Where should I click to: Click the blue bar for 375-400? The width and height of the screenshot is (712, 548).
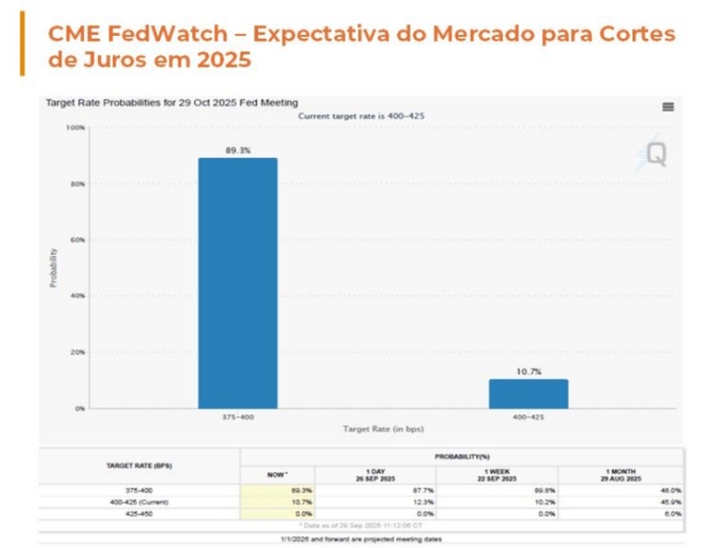tap(238, 282)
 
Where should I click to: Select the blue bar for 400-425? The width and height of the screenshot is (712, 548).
tap(528, 393)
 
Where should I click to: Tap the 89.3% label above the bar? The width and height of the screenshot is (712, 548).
tap(238, 150)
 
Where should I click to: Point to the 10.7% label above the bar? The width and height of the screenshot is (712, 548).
tap(528, 371)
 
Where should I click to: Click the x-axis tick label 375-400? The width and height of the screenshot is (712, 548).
tap(238, 417)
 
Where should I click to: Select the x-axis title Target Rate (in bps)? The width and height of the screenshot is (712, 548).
tap(382, 430)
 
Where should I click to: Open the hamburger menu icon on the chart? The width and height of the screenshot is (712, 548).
tap(668, 107)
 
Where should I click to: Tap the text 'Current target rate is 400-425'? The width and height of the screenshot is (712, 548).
tap(362, 116)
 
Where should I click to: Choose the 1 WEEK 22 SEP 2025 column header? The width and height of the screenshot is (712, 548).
tap(497, 474)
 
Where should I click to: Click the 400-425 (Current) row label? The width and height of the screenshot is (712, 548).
tap(139, 502)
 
